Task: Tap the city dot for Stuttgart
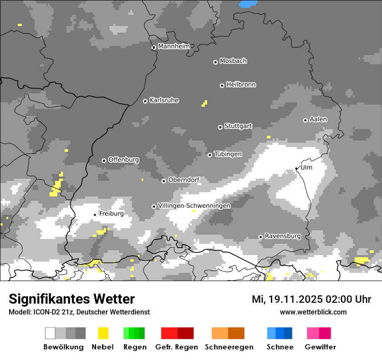pyautogui.click(x=220, y=127)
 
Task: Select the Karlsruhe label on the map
pyautogui.click(x=164, y=100)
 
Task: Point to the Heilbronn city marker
pyautogui.click(x=222, y=85)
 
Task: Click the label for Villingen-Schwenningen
pyautogui.click(x=194, y=206)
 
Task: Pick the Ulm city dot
pyautogui.click(x=296, y=169)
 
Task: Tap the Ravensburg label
pyautogui.click(x=283, y=236)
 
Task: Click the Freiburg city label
pyautogui.click(x=111, y=213)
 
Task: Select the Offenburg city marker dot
pyautogui.click(x=104, y=160)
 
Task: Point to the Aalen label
pyautogui.click(x=318, y=119)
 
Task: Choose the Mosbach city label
pyautogui.click(x=233, y=61)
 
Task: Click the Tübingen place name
pyautogui.click(x=228, y=154)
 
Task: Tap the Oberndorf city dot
pyautogui.click(x=164, y=181)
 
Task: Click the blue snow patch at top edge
pyautogui.click(x=248, y=4)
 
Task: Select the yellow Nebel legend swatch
pyautogui.click(x=103, y=333)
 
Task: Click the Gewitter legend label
pyautogui.click(x=320, y=347)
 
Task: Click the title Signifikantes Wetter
pyautogui.click(x=72, y=299)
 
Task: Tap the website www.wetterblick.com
pyautogui.click(x=313, y=312)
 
